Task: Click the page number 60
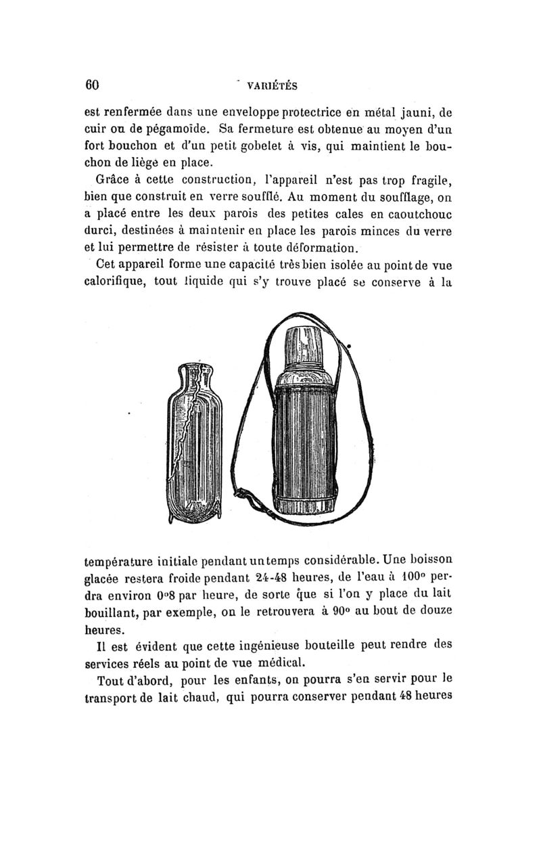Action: click(x=92, y=85)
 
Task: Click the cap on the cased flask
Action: click(x=305, y=346)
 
